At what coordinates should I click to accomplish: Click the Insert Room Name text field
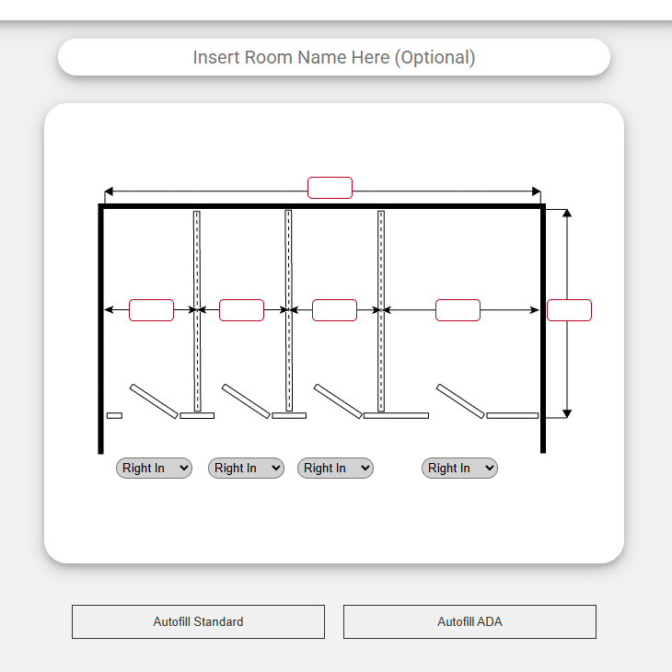pos(334,57)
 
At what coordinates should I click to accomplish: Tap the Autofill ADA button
pos(469,621)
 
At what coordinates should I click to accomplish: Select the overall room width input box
pos(330,188)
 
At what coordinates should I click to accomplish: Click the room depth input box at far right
pos(569,310)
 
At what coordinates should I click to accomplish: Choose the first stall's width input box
pos(151,310)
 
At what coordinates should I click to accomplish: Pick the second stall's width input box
pos(241,310)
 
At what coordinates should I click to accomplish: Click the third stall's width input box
pos(334,310)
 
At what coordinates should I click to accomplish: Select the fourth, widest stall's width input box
pos(458,310)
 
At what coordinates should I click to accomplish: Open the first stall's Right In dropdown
pos(154,468)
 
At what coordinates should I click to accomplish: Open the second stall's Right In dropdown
pos(246,468)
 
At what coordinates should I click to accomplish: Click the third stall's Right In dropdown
pos(335,468)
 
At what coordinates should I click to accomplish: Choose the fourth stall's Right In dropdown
pos(459,468)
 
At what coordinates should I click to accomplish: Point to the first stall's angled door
pos(154,401)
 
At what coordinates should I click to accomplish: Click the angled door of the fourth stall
pos(460,401)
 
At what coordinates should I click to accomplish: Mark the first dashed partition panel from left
pos(197,311)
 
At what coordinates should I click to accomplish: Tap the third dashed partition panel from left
pos(381,311)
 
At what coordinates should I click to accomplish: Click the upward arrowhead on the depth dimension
pos(567,213)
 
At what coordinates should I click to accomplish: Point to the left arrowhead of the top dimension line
pos(109,191)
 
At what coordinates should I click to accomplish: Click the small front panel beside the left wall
pos(114,415)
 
